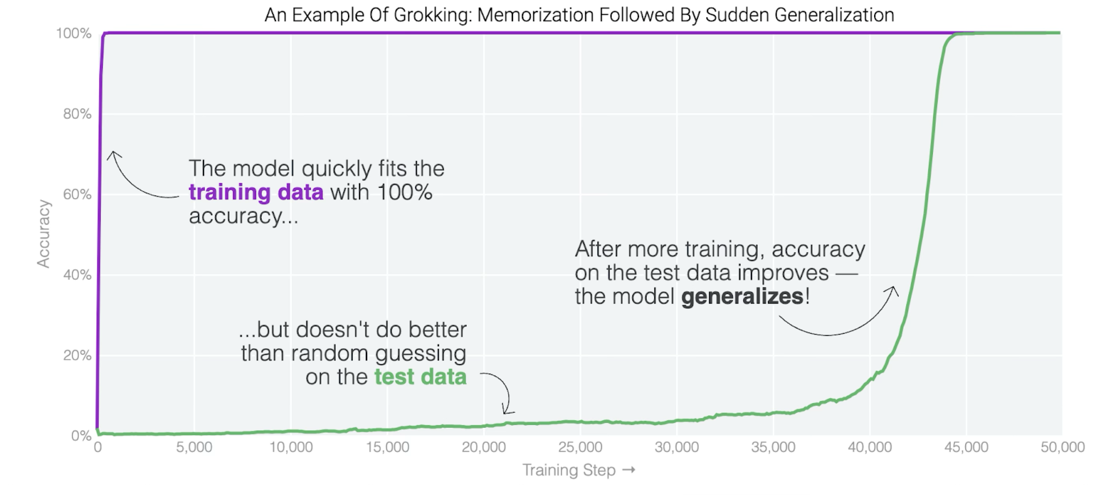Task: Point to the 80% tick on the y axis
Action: click(x=77, y=114)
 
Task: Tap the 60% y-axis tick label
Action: click(x=77, y=195)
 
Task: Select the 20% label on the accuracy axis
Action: click(x=77, y=355)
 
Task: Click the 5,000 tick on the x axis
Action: click(x=194, y=447)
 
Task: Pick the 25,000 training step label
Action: click(x=580, y=447)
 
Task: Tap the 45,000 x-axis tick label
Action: click(x=966, y=447)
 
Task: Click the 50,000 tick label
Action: click(x=1062, y=447)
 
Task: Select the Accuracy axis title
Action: click(x=43, y=233)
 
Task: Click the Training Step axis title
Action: click(x=569, y=470)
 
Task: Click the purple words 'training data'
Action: click(x=256, y=192)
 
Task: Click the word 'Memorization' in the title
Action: click(x=535, y=15)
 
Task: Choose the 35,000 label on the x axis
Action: click(x=773, y=447)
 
